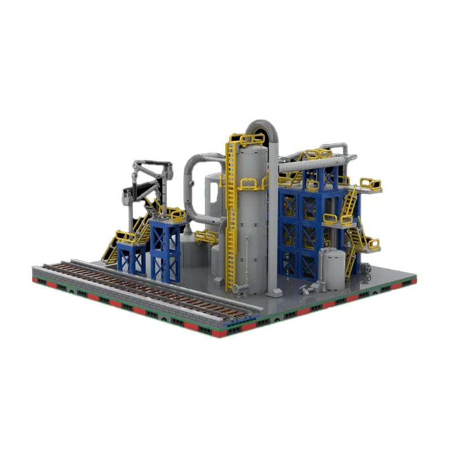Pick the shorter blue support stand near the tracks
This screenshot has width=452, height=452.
(132, 257)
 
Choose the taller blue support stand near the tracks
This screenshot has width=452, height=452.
(165, 249)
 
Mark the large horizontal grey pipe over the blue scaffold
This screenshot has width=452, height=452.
(311, 163)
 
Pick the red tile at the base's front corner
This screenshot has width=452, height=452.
(226, 333)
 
